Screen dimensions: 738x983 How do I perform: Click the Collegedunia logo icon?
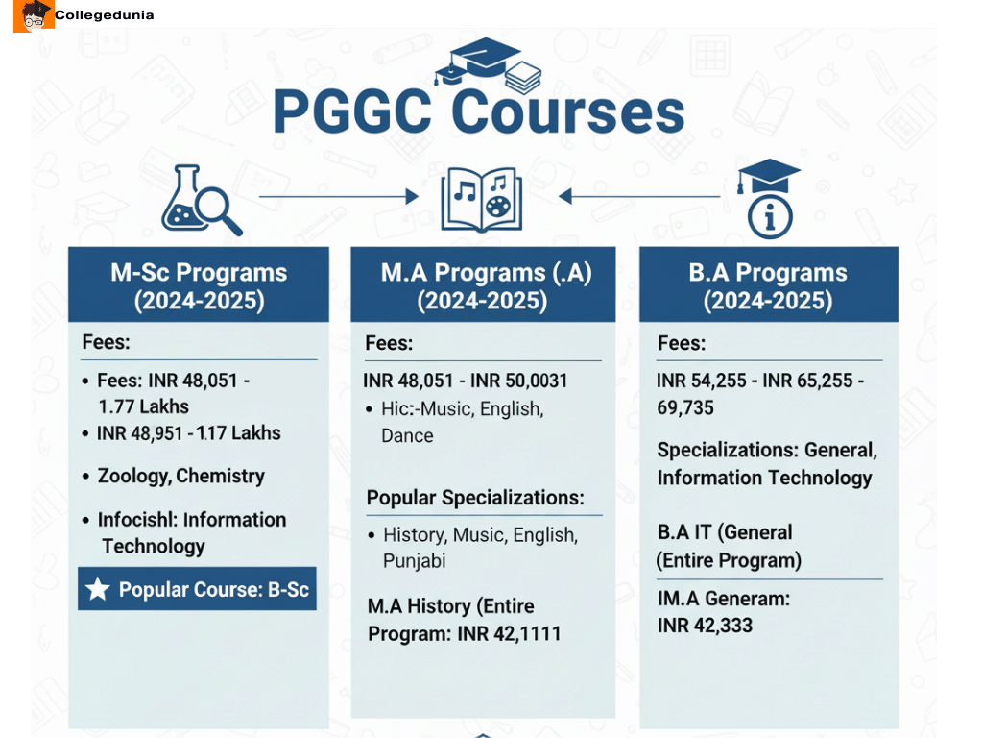click(34, 15)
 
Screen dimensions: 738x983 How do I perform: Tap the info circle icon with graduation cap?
click(769, 199)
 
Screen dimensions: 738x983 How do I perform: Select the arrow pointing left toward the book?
click(639, 196)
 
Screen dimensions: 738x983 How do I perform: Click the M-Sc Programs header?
click(199, 285)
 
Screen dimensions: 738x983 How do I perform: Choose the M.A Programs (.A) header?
click(483, 285)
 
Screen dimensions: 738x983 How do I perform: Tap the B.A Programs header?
click(768, 285)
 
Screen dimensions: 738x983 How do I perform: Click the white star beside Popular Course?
click(98, 589)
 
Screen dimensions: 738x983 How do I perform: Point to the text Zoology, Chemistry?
click(180, 476)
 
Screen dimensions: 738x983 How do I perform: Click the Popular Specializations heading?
click(475, 498)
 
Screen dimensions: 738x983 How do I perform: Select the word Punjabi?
click(415, 560)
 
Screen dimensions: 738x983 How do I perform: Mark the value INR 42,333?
click(705, 626)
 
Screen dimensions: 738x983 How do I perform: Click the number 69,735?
click(685, 407)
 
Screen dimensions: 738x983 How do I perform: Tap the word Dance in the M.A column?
click(407, 435)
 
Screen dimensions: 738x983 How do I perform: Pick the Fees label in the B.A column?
click(681, 343)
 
